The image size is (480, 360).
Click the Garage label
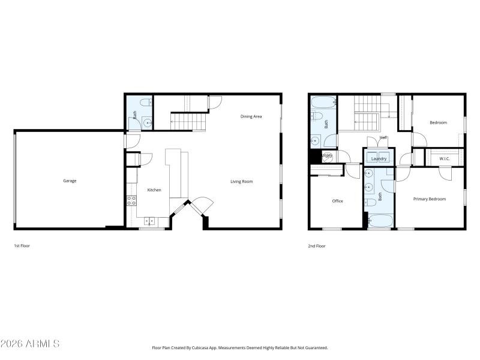[x=70, y=181]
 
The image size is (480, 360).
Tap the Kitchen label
[x=154, y=190]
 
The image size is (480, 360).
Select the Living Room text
[x=242, y=181]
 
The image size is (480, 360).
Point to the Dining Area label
[x=251, y=116]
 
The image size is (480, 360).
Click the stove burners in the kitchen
[x=131, y=201]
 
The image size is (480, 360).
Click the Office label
[x=338, y=201]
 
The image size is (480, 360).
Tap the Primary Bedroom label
[x=430, y=199]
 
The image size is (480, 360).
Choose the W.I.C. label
[x=445, y=159]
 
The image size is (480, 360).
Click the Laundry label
[x=379, y=159]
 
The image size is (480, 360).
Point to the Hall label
[x=383, y=137]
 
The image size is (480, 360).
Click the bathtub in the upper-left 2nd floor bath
[x=317, y=101]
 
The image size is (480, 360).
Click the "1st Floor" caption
[x=22, y=246]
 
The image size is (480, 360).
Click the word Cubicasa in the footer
[x=208, y=347]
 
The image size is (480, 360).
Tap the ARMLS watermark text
[x=30, y=344]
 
